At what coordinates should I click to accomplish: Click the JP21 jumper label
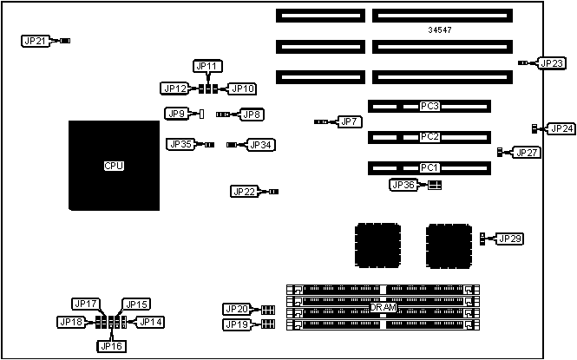36,41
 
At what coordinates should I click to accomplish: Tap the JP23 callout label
552,62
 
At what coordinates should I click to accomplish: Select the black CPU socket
114,165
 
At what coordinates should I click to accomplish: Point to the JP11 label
208,66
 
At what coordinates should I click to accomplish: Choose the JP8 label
252,114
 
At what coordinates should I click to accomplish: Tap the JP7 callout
349,121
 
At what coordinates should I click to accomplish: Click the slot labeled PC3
429,107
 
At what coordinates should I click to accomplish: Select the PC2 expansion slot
429,137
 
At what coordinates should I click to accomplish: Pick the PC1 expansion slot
429,167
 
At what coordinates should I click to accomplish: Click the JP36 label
403,185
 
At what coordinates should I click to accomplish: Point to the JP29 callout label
509,238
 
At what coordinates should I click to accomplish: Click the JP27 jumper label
527,153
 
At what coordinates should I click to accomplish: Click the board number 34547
440,30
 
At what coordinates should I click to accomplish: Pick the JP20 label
237,309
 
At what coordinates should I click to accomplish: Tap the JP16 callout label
110,345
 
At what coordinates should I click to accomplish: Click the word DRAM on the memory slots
383,307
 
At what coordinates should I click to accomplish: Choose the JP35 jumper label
181,144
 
